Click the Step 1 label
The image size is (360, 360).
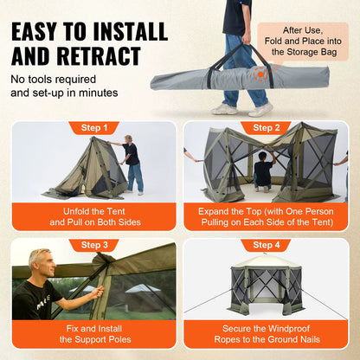tap(94, 128)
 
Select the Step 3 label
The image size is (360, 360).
tap(94, 245)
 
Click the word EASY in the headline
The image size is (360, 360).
tap(48, 31)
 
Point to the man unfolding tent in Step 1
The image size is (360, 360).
tap(131, 162)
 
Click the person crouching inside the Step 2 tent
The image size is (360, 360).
tap(263, 170)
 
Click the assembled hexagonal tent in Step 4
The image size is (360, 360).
tap(267, 291)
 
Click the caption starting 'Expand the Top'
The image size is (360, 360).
tap(267, 215)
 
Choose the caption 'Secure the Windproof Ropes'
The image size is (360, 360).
tap(267, 333)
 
